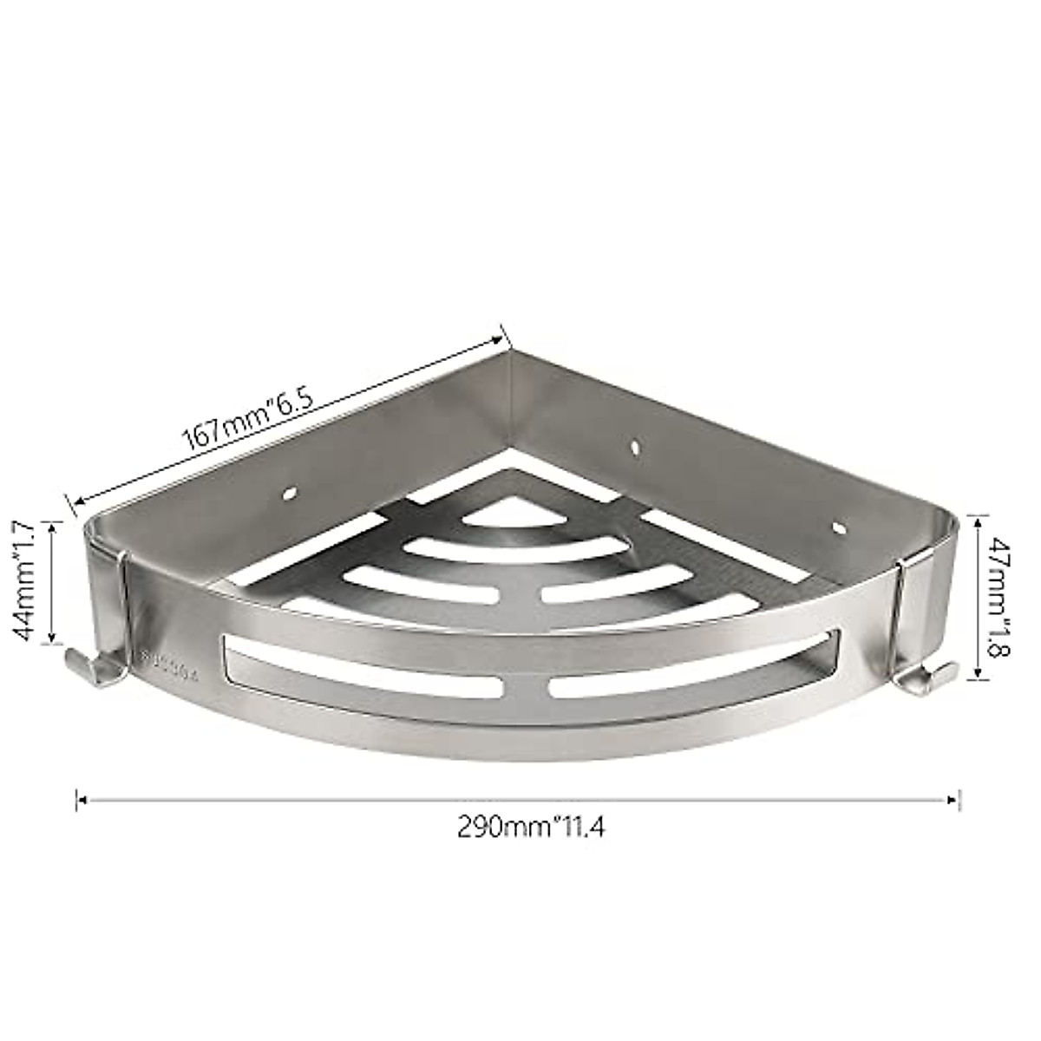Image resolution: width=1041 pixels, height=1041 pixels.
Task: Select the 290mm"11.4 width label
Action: point(531,827)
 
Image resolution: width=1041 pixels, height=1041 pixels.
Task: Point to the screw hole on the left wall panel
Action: point(289,496)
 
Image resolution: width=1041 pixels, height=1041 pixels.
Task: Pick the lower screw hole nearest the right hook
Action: point(838,527)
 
